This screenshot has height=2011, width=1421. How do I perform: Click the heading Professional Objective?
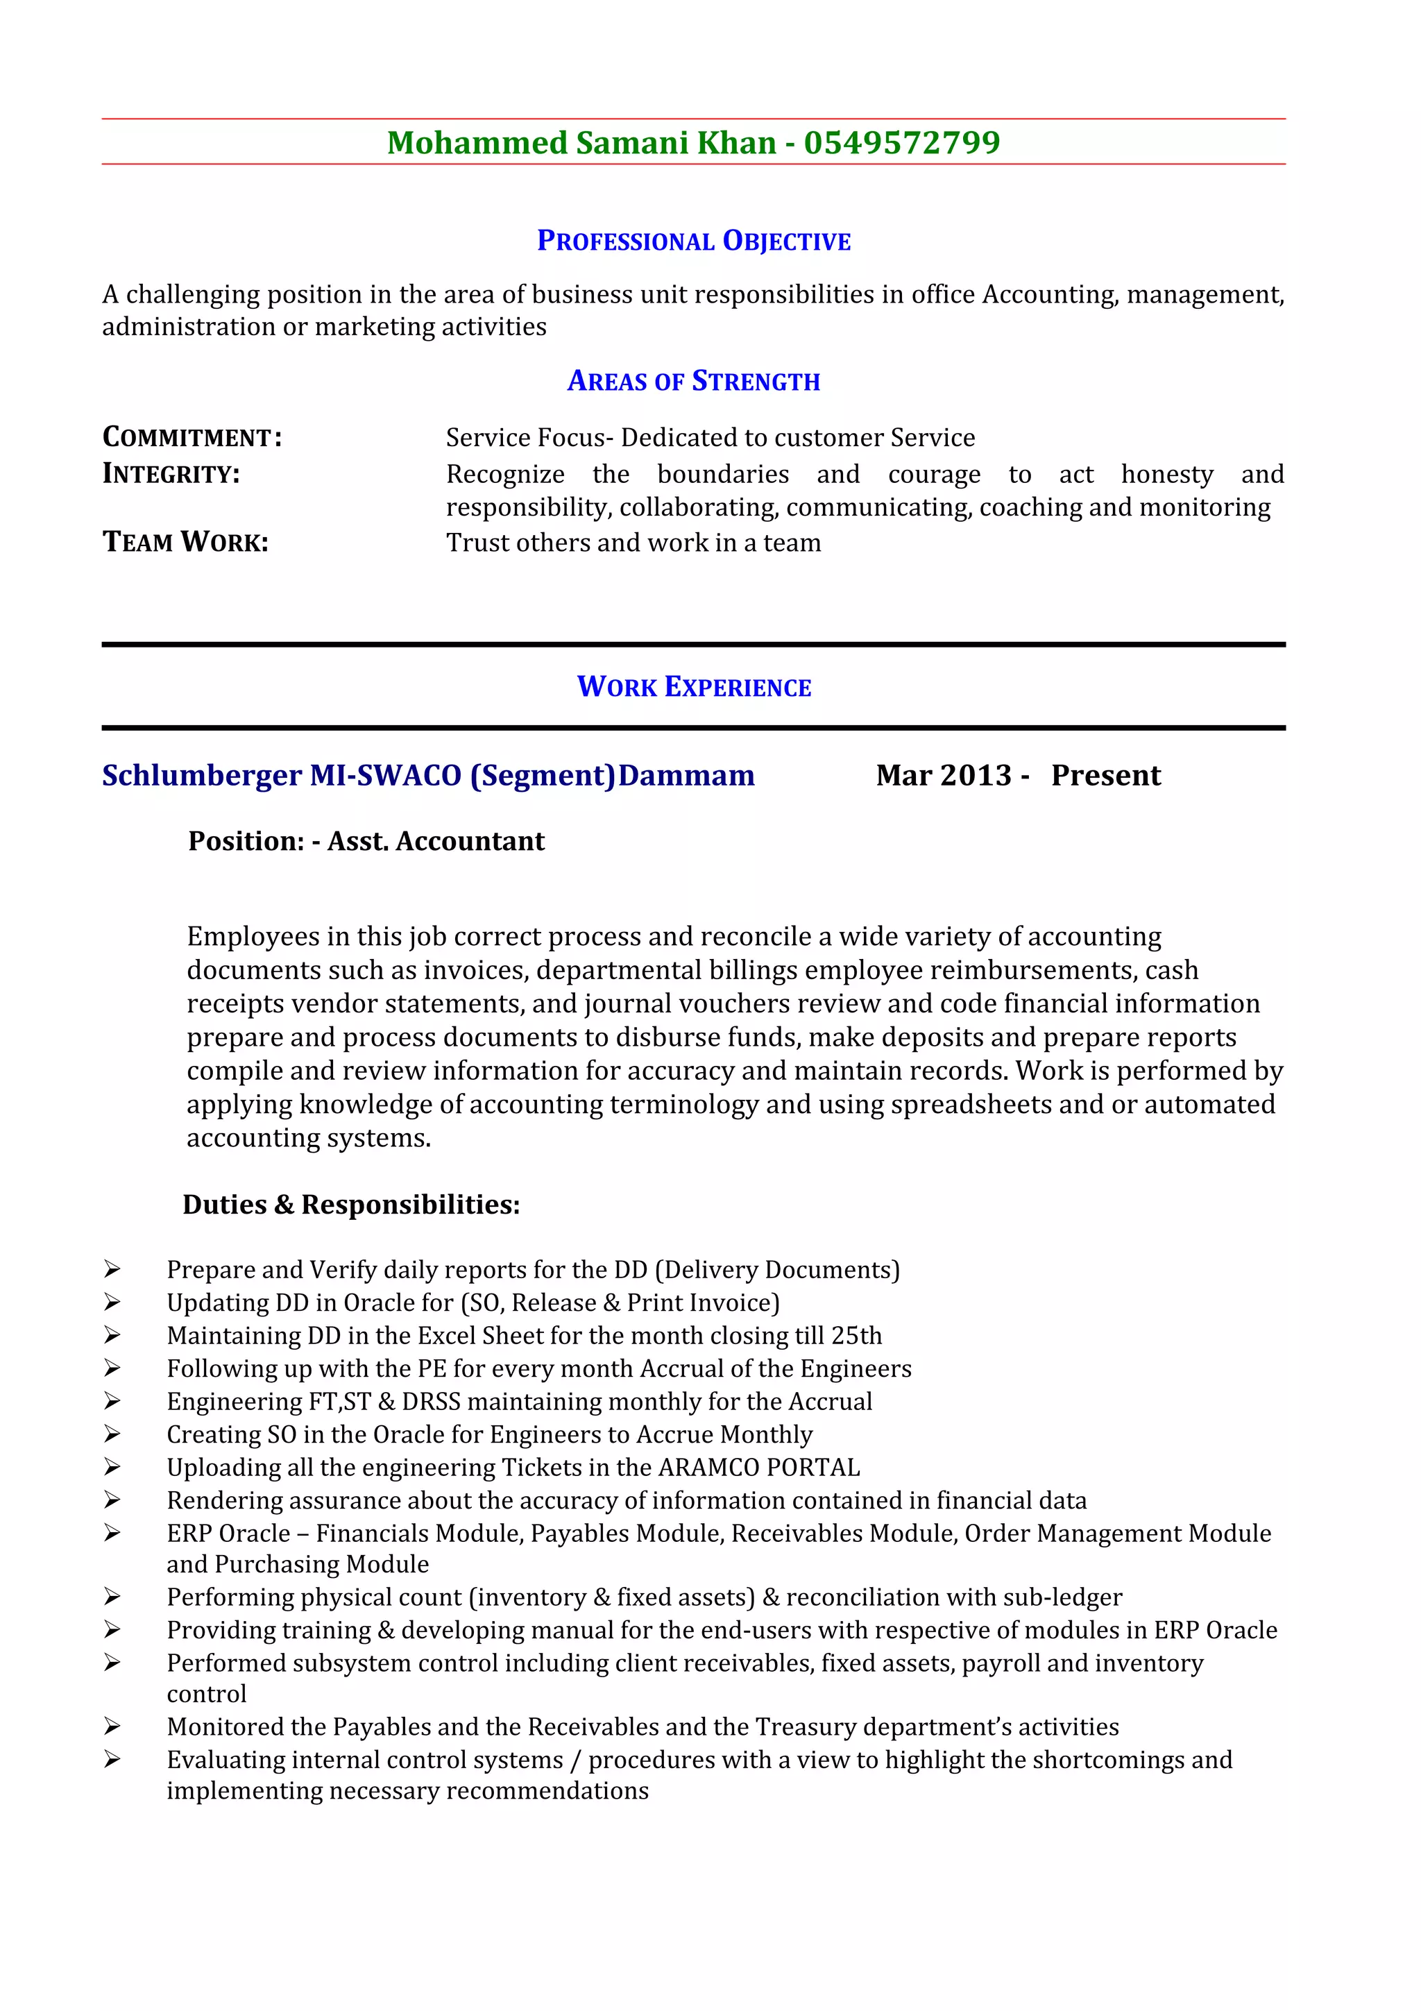point(693,241)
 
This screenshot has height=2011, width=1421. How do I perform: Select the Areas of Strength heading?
point(693,381)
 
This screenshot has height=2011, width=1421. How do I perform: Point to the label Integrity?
point(171,474)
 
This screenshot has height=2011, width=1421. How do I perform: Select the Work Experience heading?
point(693,687)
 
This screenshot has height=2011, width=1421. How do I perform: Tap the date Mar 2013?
point(944,775)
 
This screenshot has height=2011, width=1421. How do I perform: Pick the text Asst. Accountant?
point(436,841)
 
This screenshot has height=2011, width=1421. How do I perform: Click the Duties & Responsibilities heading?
point(351,1205)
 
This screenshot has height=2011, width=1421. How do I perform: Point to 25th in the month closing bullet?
point(856,1336)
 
